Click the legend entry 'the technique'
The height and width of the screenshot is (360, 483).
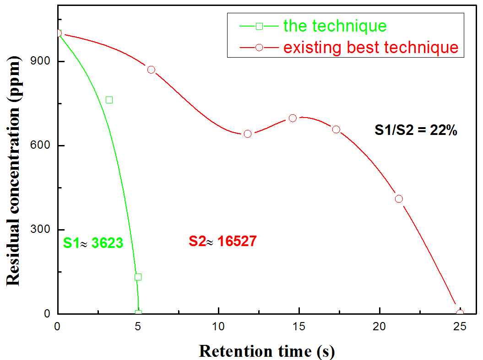click(335, 26)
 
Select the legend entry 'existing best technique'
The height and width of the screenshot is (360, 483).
click(371, 47)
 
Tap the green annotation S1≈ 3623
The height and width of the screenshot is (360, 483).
click(93, 243)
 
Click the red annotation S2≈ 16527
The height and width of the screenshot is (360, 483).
click(223, 241)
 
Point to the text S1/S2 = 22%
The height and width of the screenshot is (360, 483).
click(416, 130)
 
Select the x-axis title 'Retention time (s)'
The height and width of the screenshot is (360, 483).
click(267, 351)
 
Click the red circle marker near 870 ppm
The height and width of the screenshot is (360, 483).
click(151, 70)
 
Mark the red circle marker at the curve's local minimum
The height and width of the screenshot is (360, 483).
click(248, 134)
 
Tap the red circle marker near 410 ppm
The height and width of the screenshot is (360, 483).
click(399, 199)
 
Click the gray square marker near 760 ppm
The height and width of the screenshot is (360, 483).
click(109, 100)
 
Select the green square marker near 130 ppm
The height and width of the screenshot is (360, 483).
click(138, 277)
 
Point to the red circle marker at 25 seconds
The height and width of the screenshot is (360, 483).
click(460, 313)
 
